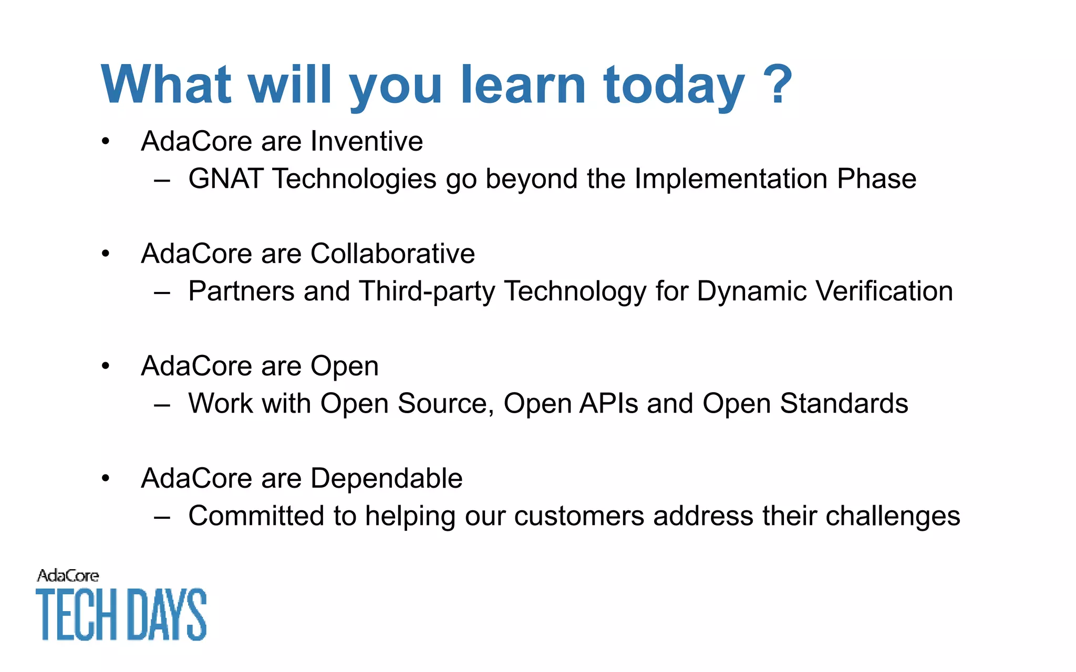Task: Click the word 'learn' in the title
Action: (523, 84)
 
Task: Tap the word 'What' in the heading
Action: (165, 84)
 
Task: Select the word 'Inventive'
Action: (366, 141)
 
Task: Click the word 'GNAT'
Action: (225, 178)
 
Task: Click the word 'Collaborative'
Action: (392, 254)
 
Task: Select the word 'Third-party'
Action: (427, 291)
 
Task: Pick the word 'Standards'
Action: (844, 404)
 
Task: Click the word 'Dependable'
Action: (386, 478)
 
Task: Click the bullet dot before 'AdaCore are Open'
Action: (106, 366)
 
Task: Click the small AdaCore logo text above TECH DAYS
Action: (68, 576)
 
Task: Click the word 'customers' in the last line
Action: (579, 516)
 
